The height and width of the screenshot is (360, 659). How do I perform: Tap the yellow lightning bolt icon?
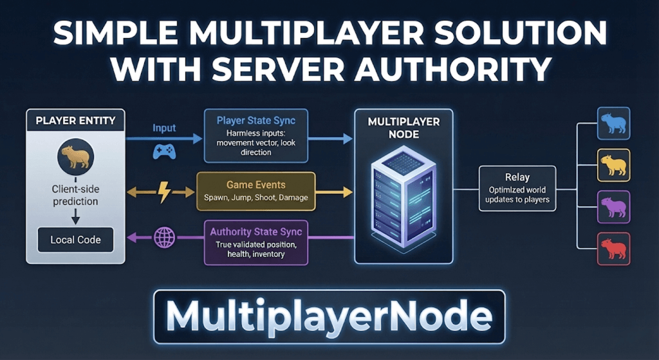click(163, 191)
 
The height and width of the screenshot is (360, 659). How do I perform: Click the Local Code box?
click(75, 240)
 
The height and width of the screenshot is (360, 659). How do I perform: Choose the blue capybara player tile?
click(613, 124)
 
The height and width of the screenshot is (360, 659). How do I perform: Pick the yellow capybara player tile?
click(613, 165)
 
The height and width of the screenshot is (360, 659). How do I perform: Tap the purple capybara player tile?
click(613, 207)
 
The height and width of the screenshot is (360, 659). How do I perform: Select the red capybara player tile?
click(613, 249)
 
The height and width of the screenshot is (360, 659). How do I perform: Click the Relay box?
click(517, 188)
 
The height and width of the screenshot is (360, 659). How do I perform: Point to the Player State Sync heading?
click(256, 120)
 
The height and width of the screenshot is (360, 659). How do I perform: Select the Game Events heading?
click(255, 185)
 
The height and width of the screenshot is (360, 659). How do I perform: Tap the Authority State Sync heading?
click(255, 231)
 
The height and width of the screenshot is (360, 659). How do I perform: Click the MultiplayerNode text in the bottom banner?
click(329, 317)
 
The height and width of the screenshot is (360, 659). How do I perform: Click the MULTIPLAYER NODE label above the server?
click(403, 128)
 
